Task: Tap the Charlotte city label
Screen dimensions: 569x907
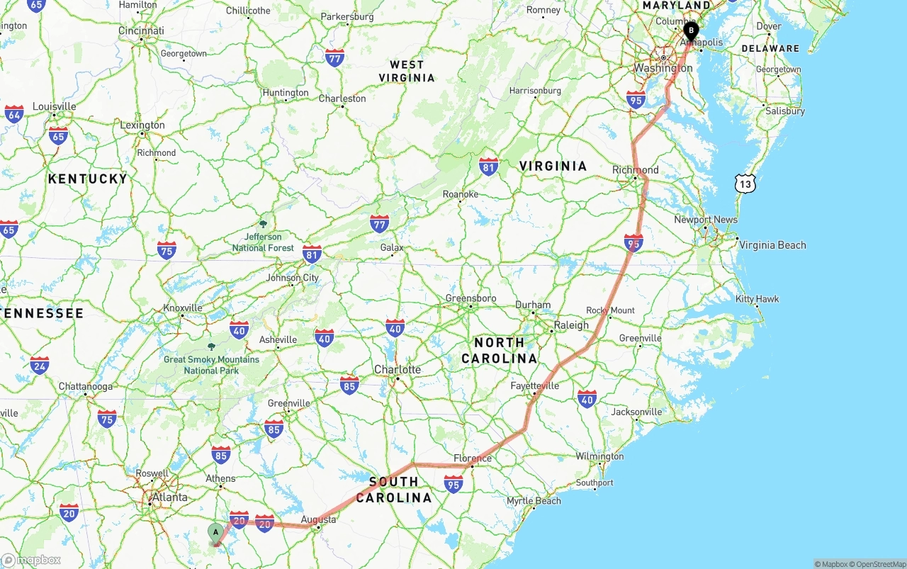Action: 398,369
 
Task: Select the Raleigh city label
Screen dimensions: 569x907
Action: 571,325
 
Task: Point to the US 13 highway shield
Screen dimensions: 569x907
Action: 745,184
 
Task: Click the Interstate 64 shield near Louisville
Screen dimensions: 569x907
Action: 14,113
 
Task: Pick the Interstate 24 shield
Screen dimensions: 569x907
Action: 40,365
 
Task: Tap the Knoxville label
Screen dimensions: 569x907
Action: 183,308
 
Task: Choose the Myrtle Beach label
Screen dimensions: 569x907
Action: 534,501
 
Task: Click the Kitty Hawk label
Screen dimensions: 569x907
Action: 757,299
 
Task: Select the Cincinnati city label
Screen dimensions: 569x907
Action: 141,30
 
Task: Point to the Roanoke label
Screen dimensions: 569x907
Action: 461,194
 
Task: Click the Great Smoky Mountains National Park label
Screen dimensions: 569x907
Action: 211,364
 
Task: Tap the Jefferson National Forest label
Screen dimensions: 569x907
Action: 263,242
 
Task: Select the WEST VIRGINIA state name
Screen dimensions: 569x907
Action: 406,71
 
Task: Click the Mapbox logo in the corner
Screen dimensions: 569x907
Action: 31,560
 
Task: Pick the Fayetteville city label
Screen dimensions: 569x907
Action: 535,385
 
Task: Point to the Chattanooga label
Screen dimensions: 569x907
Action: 85,387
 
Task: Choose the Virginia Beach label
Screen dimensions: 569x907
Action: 772,245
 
